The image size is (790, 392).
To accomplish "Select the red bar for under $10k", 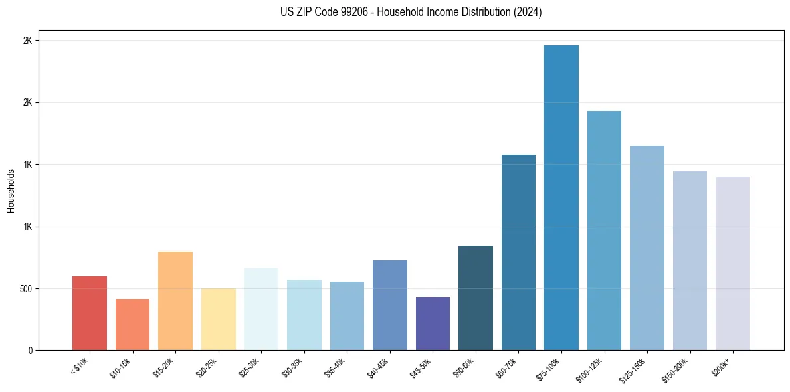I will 90,314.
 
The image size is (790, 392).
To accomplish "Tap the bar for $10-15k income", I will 132,325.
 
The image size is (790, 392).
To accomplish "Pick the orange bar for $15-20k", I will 175,301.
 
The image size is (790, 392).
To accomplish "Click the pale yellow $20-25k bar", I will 218,320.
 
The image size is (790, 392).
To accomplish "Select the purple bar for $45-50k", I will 433,324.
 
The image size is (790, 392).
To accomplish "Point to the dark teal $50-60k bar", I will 475,298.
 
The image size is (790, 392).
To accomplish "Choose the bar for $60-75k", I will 518,252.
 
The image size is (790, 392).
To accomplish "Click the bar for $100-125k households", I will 604,231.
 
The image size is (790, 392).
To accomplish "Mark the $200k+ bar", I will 732,264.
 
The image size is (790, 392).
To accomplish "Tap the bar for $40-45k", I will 389,306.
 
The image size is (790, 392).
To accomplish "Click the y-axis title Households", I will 11,191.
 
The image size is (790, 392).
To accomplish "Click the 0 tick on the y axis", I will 31,351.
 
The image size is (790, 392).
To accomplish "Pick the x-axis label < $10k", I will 80,366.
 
